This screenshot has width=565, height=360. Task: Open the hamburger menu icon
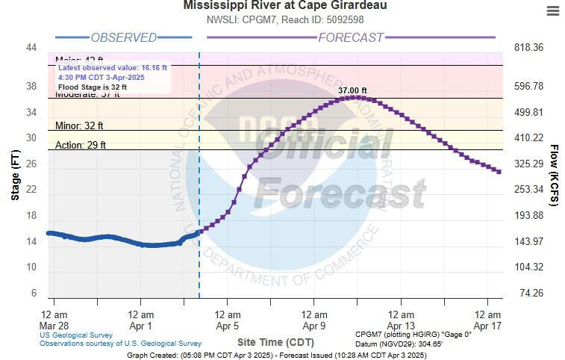coord(552,10)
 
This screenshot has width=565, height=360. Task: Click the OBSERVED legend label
coord(123,37)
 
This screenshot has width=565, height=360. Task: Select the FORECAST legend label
coord(351,37)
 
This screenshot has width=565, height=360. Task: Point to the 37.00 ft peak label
coord(352,90)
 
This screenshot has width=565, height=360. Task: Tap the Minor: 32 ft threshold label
coord(79,125)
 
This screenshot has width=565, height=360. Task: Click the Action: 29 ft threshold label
coord(81,145)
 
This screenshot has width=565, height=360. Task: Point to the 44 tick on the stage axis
coord(31,48)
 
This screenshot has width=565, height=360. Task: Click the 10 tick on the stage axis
coord(31,267)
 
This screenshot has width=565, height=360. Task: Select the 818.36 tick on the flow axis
coord(528,48)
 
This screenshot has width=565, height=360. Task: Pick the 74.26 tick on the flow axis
coord(531,293)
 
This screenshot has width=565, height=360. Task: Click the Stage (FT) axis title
coord(15,172)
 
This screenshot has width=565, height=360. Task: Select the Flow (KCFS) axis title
coord(554,176)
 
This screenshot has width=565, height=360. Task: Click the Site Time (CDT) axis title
coord(275,341)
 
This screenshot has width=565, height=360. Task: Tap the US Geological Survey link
coord(76,335)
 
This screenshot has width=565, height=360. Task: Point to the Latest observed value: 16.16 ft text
coord(112,68)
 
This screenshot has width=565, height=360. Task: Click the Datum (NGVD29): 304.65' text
coord(399,344)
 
